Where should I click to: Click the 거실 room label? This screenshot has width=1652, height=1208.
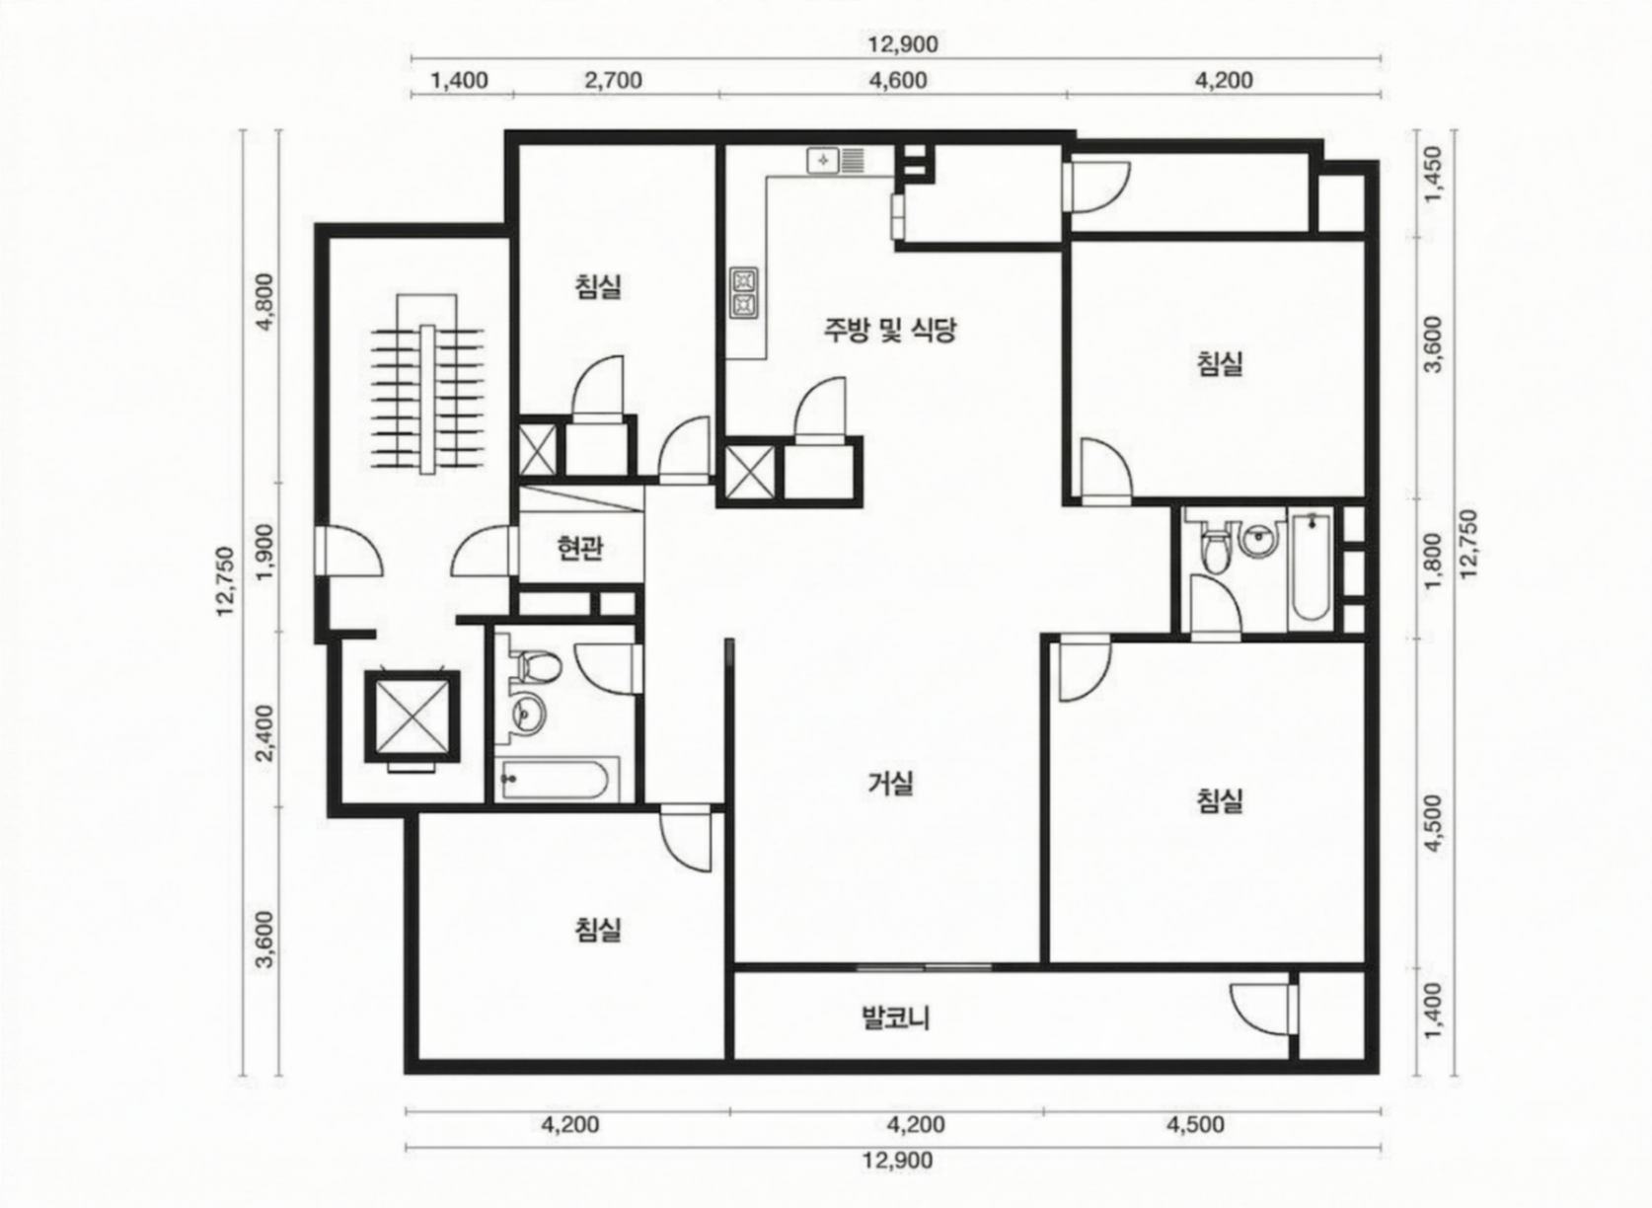891,784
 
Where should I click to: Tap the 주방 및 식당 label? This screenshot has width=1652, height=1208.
890,331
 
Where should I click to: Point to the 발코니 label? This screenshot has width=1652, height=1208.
896,1019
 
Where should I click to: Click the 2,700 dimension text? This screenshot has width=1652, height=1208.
613,80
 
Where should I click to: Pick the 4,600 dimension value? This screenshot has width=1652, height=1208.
898,80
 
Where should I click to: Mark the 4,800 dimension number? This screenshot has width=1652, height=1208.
263,303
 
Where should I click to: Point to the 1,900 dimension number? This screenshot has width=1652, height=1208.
263,553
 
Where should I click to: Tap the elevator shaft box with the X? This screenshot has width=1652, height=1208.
412,717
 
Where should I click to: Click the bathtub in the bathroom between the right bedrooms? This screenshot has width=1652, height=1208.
1310,567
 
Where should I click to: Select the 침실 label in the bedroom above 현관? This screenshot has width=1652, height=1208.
598,286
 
